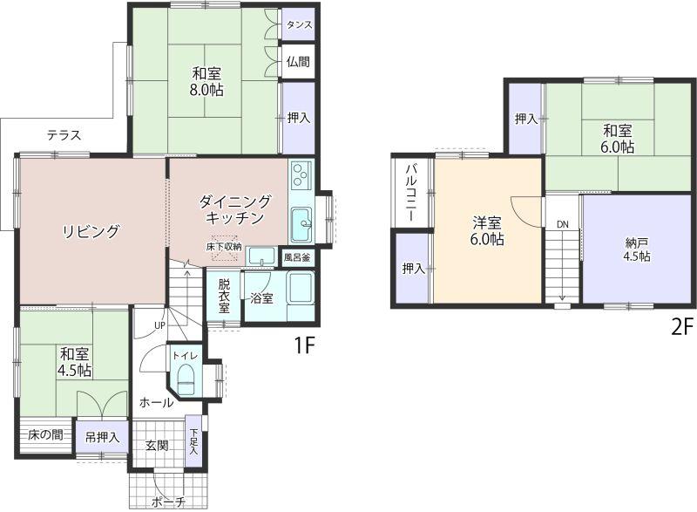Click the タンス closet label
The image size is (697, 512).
299,25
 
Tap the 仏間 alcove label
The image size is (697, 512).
298,62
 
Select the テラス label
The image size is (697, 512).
64,135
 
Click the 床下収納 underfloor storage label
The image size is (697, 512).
224,247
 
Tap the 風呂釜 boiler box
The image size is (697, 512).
297,257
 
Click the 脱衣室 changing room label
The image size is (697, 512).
224,297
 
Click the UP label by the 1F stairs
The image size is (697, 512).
159,325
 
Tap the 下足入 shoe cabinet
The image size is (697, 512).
193,441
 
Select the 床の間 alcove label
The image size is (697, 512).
45,434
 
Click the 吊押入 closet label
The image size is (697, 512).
102,438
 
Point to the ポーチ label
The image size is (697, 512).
168,502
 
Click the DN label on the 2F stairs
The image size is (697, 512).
563,225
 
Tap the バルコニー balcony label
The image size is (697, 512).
410,193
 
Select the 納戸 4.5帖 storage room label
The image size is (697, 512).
637,250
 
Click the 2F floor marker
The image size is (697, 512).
682,328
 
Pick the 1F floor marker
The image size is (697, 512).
305,345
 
